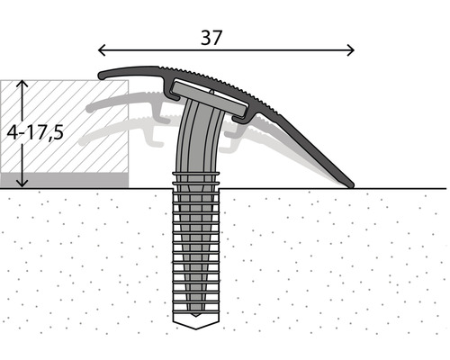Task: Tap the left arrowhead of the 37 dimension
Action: tap(101, 50)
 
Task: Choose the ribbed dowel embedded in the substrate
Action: tap(196, 252)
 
